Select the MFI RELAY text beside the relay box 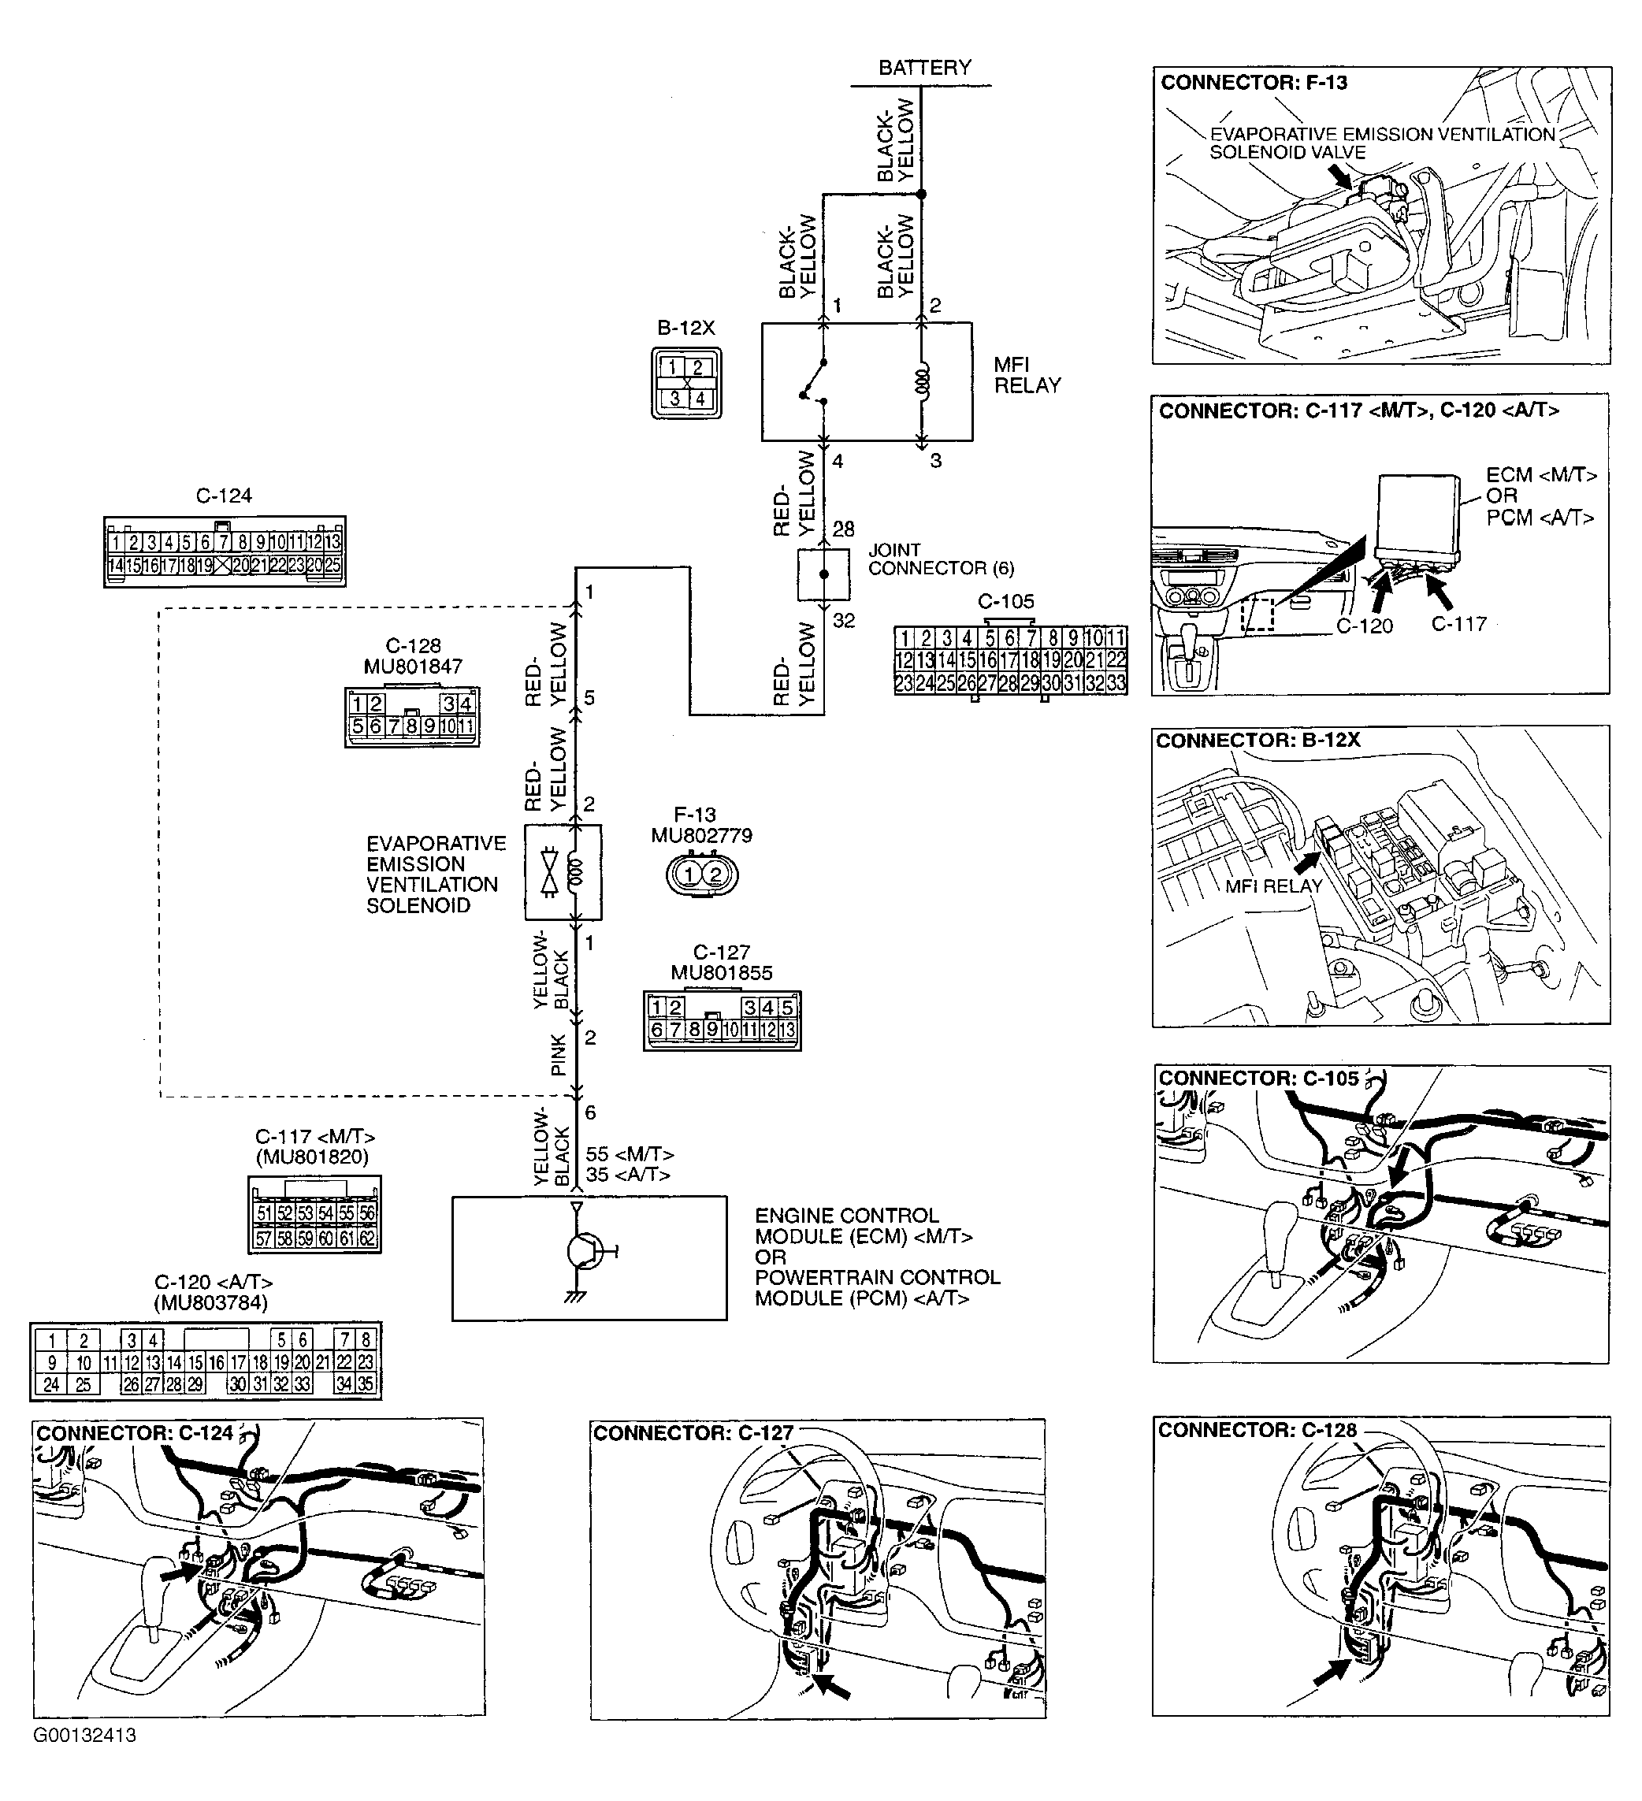1027,375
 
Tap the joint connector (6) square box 823,574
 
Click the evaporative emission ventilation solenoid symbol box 563,872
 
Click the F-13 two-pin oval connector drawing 702,874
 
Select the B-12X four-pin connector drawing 686,383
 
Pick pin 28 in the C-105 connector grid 1008,683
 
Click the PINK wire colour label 559,1055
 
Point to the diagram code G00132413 86,1735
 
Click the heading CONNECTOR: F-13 1254,83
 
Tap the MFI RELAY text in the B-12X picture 1273,886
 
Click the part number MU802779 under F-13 701,835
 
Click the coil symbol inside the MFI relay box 923,381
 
